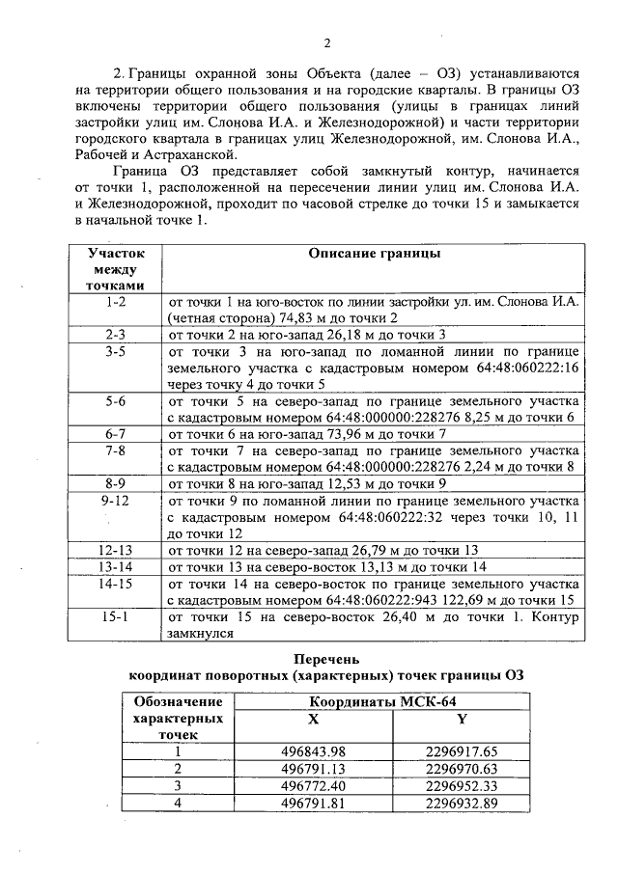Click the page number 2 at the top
click(326, 42)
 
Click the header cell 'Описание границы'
click(374, 253)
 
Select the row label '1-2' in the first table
click(116, 301)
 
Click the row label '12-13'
click(116, 550)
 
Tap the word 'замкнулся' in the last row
click(202, 634)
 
